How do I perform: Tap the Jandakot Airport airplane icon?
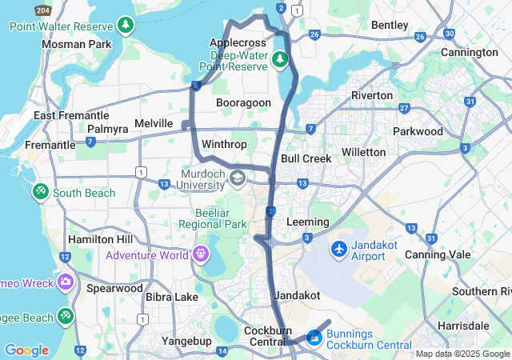pyautogui.click(x=338, y=250)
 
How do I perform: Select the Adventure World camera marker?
pyautogui.click(x=199, y=255)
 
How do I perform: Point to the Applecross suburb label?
pyautogui.click(x=236, y=42)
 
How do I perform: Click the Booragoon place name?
pyautogui.click(x=244, y=102)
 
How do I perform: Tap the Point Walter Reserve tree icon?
pyautogui.click(x=126, y=26)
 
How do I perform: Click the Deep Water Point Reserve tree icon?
pyautogui.click(x=279, y=59)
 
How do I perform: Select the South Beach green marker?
pyautogui.click(x=41, y=193)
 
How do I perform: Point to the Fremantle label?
pyautogui.click(x=50, y=146)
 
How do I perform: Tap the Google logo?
pyautogui.click(x=26, y=350)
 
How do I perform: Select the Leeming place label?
pyautogui.click(x=307, y=222)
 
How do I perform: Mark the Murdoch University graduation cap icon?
pyautogui.click(x=237, y=177)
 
